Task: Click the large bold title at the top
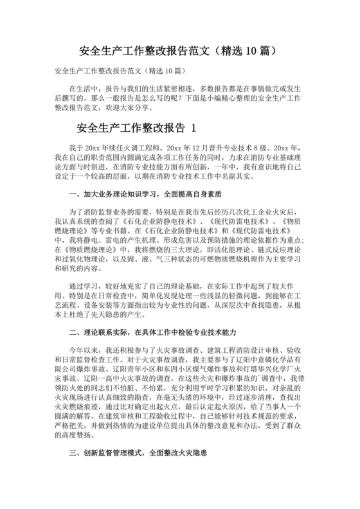click(179, 49)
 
